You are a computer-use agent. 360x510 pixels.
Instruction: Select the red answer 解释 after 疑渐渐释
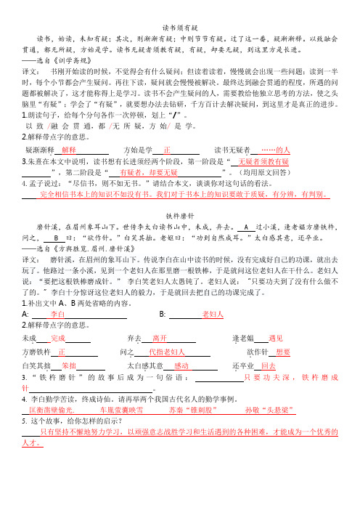[x=75, y=148]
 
